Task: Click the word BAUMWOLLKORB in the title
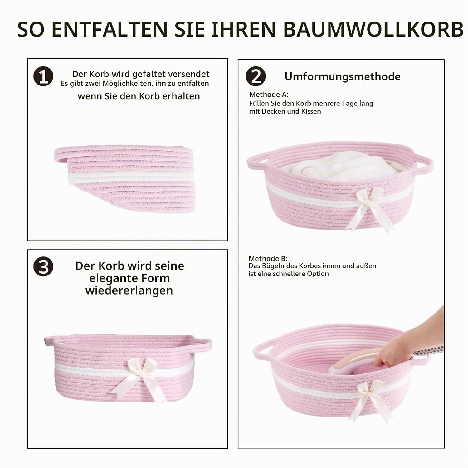(x=373, y=29)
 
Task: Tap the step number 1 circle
(x=43, y=76)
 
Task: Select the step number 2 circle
(x=256, y=76)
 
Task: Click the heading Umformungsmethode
(x=343, y=76)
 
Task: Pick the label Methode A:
(x=269, y=95)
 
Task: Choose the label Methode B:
(x=268, y=258)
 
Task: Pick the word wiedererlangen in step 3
(x=129, y=290)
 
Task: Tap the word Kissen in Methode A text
(x=311, y=111)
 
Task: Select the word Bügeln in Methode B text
(x=277, y=266)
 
